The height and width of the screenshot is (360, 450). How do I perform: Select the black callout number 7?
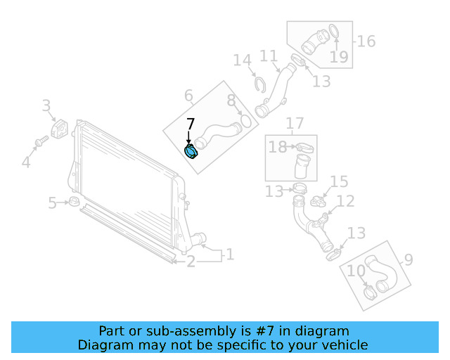pos(191,125)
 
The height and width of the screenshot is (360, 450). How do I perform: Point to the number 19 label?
pos(339,56)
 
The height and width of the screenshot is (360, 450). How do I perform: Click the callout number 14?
pos(243,61)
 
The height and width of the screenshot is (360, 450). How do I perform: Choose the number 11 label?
pos(269,56)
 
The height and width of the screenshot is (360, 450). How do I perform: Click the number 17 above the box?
pos(295,124)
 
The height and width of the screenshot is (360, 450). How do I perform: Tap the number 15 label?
pos(339,183)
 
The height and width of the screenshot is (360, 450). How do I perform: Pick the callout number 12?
pos(345,202)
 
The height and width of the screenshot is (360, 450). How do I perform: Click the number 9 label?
pos(408,261)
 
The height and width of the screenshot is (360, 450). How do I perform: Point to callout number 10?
pos(356,271)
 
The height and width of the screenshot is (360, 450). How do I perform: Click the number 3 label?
pos(46,106)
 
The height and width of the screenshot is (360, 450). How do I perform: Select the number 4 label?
pos(26,163)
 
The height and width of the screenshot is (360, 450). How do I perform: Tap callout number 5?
pos(53,204)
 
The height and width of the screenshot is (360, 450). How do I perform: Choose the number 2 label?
pos(191,262)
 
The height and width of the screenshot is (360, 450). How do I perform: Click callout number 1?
pos(229,255)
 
